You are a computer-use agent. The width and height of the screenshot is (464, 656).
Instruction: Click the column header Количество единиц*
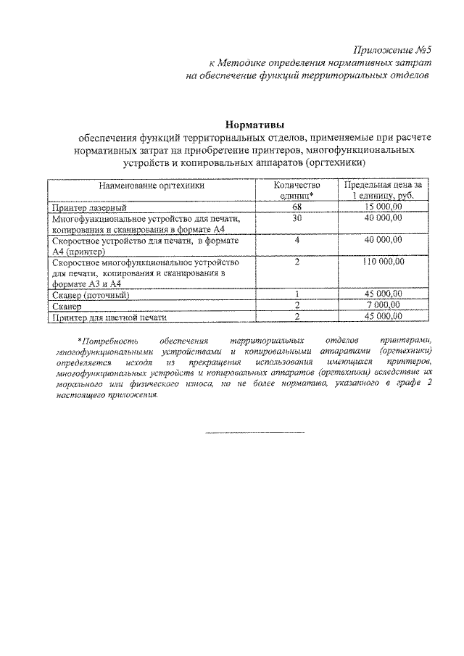tap(297, 191)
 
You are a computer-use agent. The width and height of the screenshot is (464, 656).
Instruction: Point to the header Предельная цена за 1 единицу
tap(384, 191)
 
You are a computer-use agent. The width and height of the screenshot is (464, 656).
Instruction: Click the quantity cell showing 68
tap(297, 207)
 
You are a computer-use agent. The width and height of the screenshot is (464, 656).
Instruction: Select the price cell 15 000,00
tap(384, 207)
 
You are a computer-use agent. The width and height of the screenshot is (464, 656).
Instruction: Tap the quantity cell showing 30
tap(297, 218)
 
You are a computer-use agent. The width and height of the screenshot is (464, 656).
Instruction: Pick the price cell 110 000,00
tap(384, 262)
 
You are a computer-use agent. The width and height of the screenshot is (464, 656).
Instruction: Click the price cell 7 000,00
tap(384, 306)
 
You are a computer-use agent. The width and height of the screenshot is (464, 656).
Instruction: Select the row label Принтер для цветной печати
tap(109, 317)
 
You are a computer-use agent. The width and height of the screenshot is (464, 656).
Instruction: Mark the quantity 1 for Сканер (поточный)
tap(297, 294)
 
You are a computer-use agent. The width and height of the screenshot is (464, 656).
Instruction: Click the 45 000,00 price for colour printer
tap(384, 317)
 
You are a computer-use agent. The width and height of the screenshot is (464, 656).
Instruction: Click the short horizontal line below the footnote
tap(255, 433)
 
